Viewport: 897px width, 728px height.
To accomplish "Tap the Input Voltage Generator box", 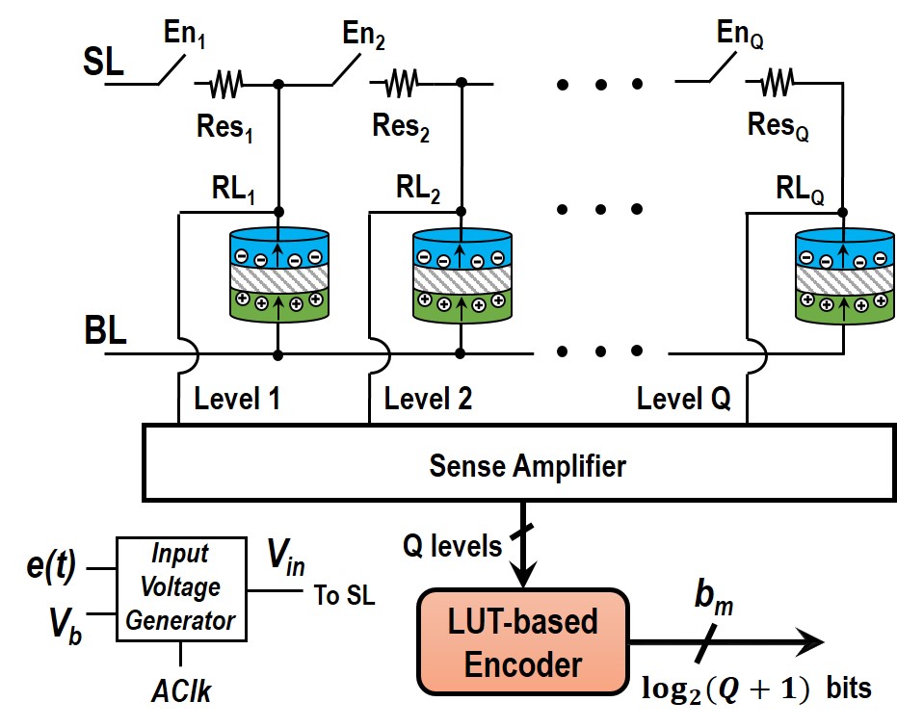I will tap(180, 587).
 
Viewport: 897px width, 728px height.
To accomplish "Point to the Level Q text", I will tap(683, 399).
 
